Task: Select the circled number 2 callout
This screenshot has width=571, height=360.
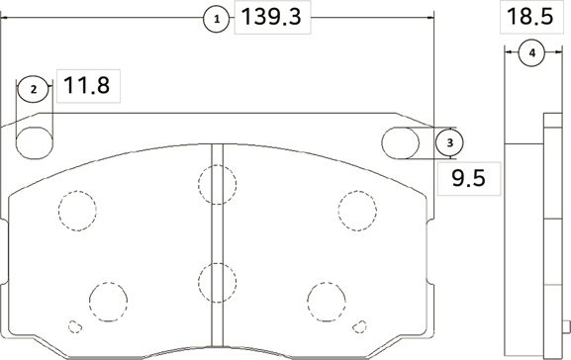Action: (x=33, y=89)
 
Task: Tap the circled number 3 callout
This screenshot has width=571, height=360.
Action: (x=449, y=143)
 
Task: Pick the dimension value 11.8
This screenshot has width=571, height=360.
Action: (x=88, y=87)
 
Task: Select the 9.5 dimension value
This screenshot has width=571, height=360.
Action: (x=467, y=179)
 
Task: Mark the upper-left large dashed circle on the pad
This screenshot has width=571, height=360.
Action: (x=78, y=207)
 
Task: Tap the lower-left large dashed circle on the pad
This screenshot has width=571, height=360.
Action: (x=108, y=299)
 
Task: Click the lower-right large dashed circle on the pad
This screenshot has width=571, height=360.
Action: (x=326, y=299)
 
